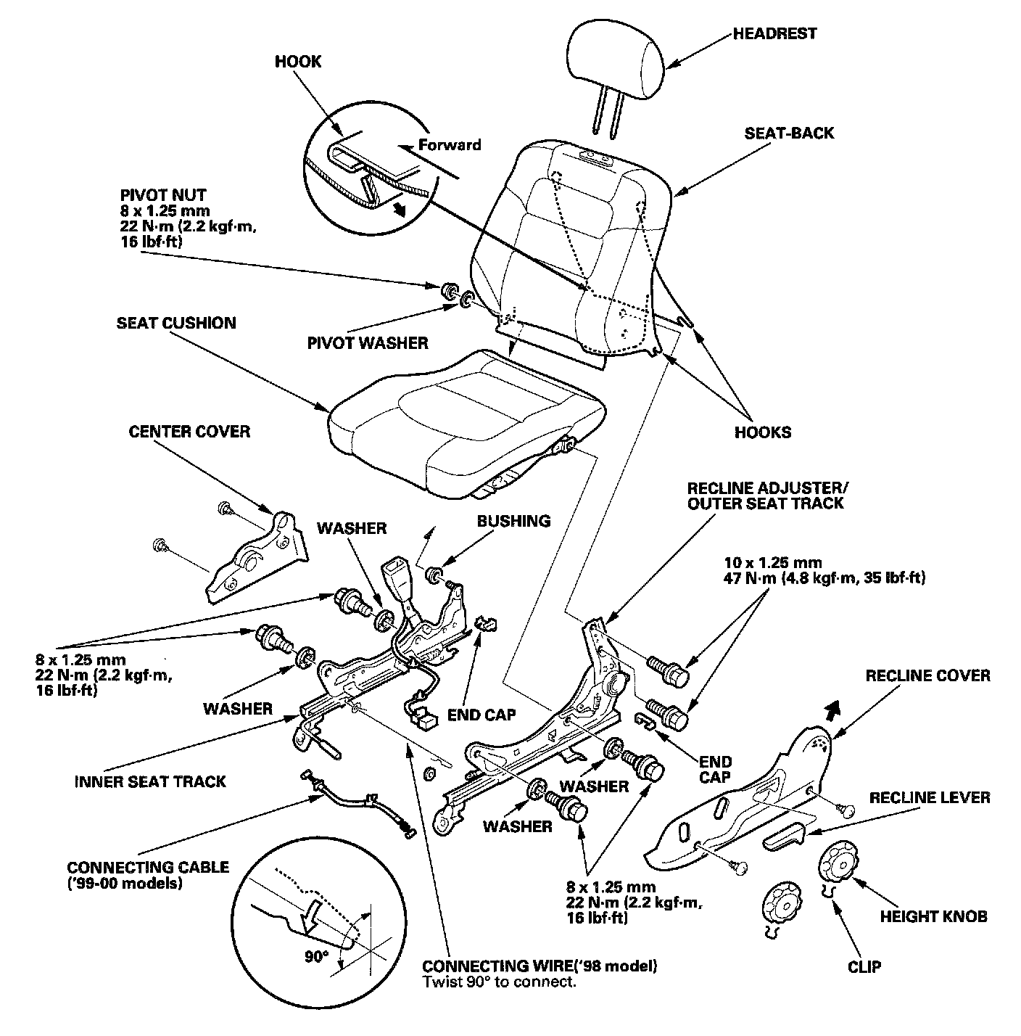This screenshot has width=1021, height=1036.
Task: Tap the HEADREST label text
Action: [774, 33]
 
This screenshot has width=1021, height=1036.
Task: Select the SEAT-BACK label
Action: [789, 133]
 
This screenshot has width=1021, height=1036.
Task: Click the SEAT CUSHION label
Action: [176, 323]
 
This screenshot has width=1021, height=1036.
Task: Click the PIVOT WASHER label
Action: [367, 342]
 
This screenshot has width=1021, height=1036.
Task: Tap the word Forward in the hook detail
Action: [450, 144]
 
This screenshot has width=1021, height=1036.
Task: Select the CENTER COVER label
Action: [189, 432]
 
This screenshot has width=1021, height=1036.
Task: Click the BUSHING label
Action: [513, 521]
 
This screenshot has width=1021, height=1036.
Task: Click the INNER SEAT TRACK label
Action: [151, 781]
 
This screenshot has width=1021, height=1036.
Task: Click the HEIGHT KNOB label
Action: [933, 916]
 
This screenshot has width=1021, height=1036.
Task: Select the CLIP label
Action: [864, 966]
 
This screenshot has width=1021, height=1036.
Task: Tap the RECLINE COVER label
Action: [927, 675]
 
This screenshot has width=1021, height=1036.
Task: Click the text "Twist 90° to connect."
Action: [499, 983]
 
